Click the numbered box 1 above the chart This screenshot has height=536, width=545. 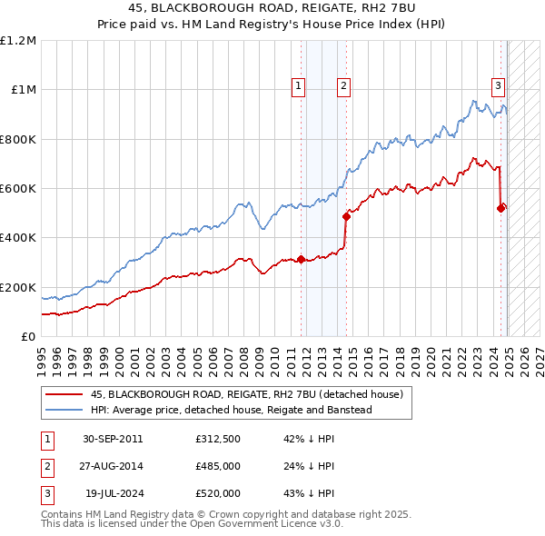(x=299, y=86)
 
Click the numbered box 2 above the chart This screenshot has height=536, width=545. (x=344, y=86)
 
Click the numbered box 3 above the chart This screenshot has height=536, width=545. (x=499, y=86)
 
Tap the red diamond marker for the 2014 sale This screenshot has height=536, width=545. (x=346, y=217)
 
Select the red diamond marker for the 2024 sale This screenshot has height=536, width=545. (x=500, y=208)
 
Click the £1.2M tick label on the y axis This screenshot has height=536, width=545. (x=18, y=41)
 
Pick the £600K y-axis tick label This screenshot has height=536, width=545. (x=18, y=189)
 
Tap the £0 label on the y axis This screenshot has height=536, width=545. (x=27, y=337)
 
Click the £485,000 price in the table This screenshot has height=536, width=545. (x=218, y=466)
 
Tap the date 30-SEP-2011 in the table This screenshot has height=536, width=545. (x=113, y=439)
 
